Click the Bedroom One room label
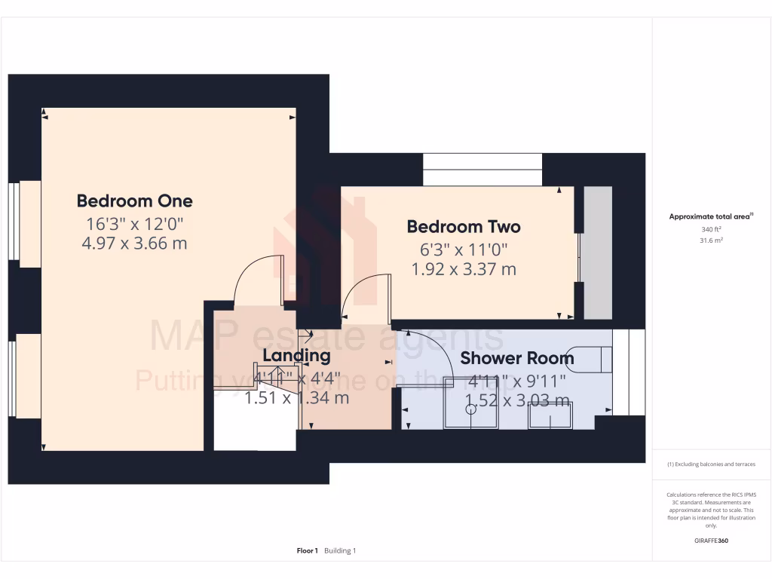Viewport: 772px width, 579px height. [x=134, y=201]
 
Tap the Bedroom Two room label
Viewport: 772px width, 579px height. [x=463, y=226]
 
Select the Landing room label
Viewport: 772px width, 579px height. [x=296, y=355]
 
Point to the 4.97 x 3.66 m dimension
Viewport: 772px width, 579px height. [x=134, y=244]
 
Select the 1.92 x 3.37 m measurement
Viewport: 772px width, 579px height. [x=463, y=269]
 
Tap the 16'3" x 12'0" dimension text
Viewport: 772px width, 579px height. [x=134, y=223]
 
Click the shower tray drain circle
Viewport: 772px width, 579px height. [x=471, y=410]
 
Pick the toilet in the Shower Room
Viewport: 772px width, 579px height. [x=592, y=359]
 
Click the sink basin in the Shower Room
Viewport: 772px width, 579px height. [x=550, y=416]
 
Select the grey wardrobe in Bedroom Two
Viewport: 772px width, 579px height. [x=599, y=253]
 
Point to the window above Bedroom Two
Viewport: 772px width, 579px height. [x=482, y=170]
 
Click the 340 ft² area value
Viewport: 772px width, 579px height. [x=711, y=229]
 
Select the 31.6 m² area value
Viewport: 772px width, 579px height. [x=711, y=240]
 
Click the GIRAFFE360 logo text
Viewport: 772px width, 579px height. [x=711, y=541]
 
